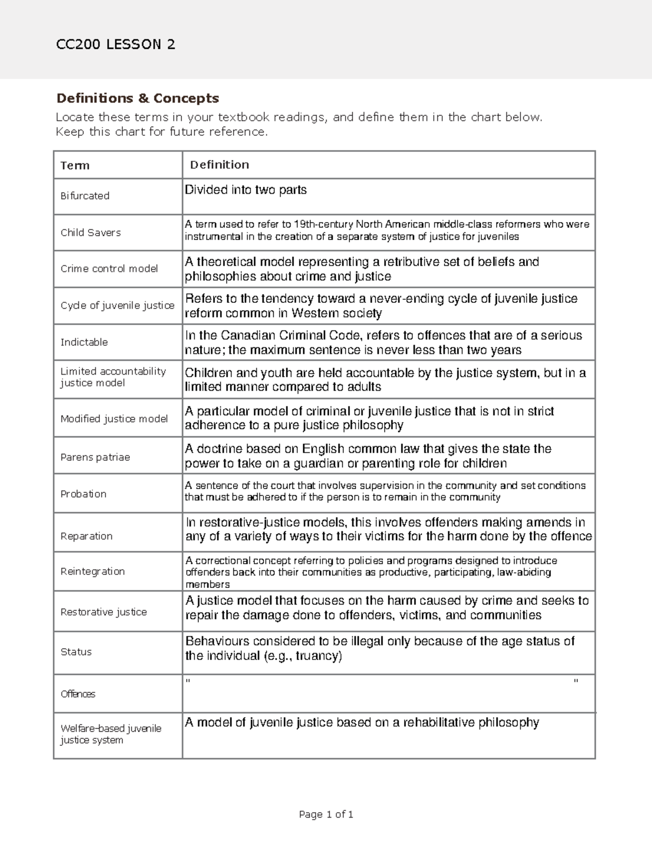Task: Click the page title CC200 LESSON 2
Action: pyautogui.click(x=116, y=45)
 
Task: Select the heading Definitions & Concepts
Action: pyautogui.click(x=137, y=98)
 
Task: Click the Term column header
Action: pyautogui.click(x=75, y=166)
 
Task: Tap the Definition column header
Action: pyautogui.click(x=220, y=164)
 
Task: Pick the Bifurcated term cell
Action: pyautogui.click(x=85, y=196)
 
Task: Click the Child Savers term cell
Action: pyautogui.click(x=91, y=233)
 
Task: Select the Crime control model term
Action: pyautogui.click(x=109, y=269)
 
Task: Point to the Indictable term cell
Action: pyautogui.click(x=84, y=343)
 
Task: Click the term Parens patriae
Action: pyautogui.click(x=95, y=458)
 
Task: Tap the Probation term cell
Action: pyautogui.click(x=83, y=494)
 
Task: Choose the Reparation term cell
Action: pyautogui.click(x=86, y=536)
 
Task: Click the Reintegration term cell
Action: pyautogui.click(x=92, y=572)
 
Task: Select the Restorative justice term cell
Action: pyautogui.click(x=104, y=612)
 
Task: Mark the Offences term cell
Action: pyautogui.click(x=78, y=694)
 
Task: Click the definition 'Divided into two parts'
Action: pyautogui.click(x=246, y=190)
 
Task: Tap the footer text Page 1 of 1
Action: pyautogui.click(x=326, y=814)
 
